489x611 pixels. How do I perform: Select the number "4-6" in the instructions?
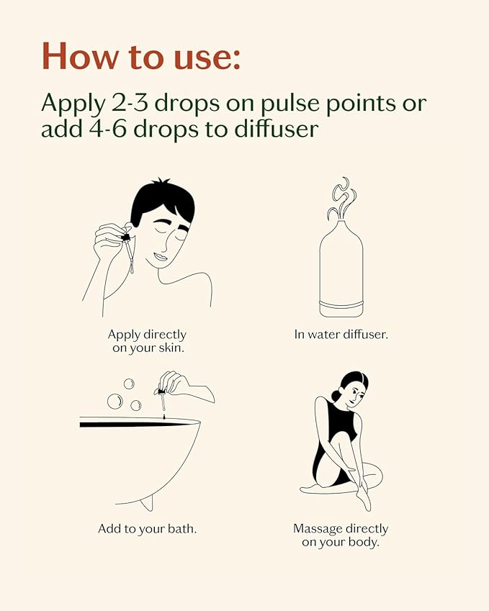pyautogui.click(x=107, y=129)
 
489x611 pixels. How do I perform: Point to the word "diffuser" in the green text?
pyautogui.click(x=277, y=128)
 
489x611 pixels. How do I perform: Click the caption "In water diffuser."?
pyautogui.click(x=341, y=335)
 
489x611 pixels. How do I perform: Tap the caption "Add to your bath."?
pyautogui.click(x=148, y=529)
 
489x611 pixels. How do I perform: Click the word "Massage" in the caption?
pyautogui.click(x=318, y=529)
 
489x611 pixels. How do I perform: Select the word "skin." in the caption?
pyautogui.click(x=171, y=348)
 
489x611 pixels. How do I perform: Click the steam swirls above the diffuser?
pyautogui.click(x=341, y=199)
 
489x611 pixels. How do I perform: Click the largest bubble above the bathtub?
pyautogui.click(x=115, y=402)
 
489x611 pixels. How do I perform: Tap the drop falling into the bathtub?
pyautogui.click(x=164, y=417)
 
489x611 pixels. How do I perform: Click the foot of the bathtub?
pyautogui.click(x=146, y=505)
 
